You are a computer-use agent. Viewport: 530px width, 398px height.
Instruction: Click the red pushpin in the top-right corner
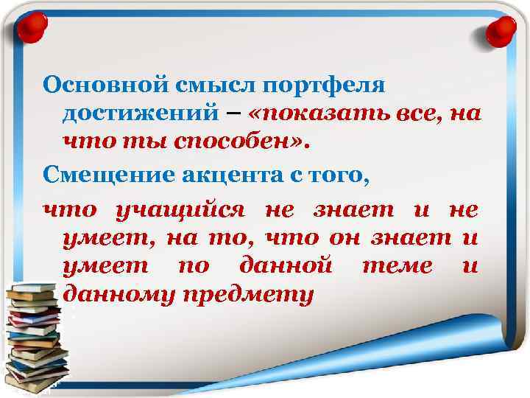(503, 30)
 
